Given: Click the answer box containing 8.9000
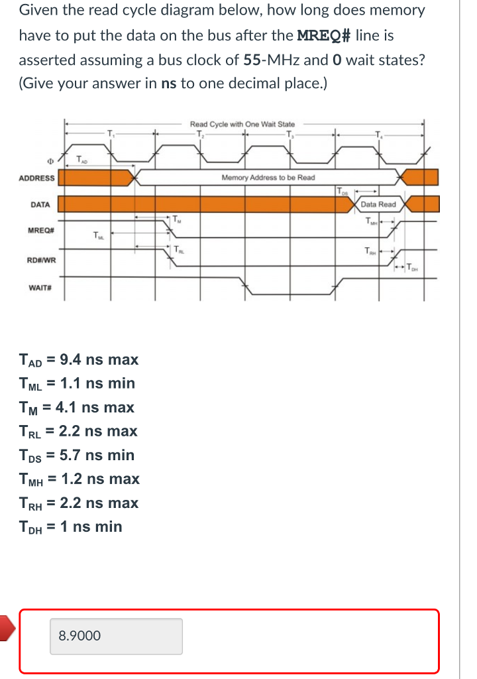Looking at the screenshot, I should pos(116,636).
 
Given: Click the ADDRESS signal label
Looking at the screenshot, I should pos(37,178).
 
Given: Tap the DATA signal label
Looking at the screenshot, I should pos(40,204).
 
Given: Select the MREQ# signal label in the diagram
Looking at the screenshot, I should pos(41,230).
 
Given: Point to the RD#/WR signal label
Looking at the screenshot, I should pos(41,260).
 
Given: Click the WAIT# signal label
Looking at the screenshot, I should pos(41,288).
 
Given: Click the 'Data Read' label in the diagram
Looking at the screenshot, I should pos(378,204).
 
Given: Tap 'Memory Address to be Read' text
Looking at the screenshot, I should pos(268,178).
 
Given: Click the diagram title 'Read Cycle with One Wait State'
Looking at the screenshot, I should pos(242,124).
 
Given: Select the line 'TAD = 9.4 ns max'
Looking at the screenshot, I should pos(79,360).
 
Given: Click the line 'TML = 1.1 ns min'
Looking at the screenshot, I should pos(77,383).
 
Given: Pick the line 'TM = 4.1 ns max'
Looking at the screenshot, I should pos(77,407).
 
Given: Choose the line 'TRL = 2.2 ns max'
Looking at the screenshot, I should pos(78,431).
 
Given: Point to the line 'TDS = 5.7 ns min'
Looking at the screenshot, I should pos(77,455).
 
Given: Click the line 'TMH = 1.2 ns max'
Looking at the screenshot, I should pos(79,479).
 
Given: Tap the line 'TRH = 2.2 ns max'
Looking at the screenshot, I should pos(79,503).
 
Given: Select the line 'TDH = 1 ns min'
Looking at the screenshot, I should pos(71,526).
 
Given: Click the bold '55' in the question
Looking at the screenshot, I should pos(251,60).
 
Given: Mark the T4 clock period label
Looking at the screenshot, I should pos(378,135).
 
